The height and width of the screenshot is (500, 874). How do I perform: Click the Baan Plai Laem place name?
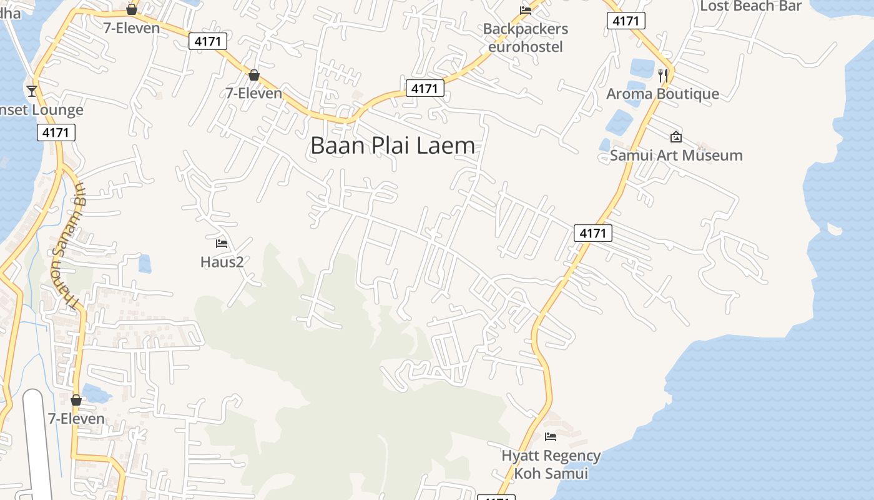[392, 146]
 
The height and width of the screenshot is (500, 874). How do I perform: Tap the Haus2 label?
[222, 262]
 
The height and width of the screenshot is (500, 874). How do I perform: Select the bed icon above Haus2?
[222, 243]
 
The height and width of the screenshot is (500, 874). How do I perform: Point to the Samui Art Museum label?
[676, 155]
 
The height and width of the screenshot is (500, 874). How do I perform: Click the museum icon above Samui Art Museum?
[675, 137]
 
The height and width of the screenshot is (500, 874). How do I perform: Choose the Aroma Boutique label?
[662, 94]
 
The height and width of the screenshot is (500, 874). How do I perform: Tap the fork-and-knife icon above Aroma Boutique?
[663, 75]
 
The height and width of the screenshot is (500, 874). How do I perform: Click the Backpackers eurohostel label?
[525, 37]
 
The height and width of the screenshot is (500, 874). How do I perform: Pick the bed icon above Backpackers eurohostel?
[526, 10]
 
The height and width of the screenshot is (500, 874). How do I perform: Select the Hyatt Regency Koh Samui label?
[551, 464]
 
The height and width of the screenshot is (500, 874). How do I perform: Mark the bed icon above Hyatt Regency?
[550, 436]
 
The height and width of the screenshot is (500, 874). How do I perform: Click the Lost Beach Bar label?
[750, 6]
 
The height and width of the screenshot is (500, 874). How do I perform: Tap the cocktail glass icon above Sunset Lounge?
[32, 91]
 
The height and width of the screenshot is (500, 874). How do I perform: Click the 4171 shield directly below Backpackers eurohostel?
[425, 89]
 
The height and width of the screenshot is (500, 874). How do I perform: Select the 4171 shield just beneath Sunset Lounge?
[56, 132]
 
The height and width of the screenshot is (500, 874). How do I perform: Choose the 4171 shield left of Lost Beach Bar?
[626, 21]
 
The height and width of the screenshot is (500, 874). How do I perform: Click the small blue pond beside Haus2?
[145, 264]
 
